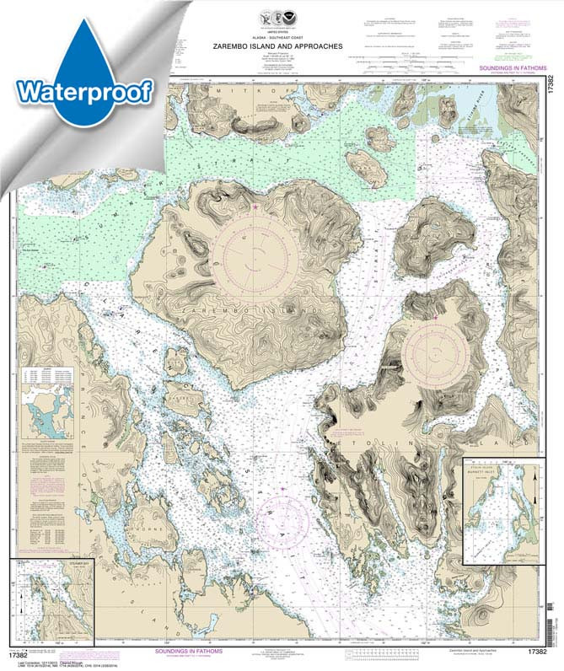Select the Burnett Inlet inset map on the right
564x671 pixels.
[x=502, y=511]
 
